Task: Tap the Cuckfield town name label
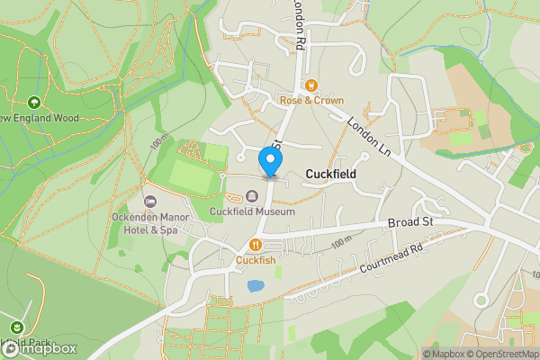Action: [x=331, y=174]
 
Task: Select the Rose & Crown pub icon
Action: [x=310, y=85]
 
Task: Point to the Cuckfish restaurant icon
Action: [x=256, y=245]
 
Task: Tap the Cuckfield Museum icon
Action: [x=252, y=197]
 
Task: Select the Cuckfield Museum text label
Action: [x=252, y=212]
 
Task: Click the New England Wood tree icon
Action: [x=34, y=103]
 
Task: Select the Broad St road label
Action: [x=410, y=221]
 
